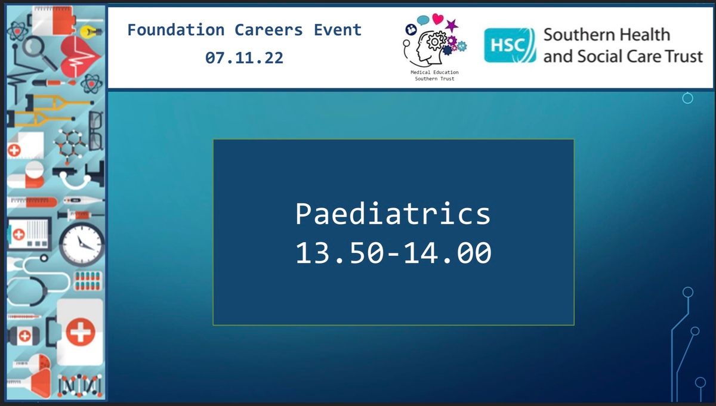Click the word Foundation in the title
pyautogui.click(x=176, y=30)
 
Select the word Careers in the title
pyautogui.click(x=268, y=30)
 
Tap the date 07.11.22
pyautogui.click(x=244, y=58)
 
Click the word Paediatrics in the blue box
pyautogui.click(x=393, y=213)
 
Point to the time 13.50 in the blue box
pyautogui.click(x=340, y=253)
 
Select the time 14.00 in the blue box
pyautogui.click(x=447, y=253)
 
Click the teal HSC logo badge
pyautogui.click(x=510, y=45)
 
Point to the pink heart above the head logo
pyautogui.click(x=437, y=18)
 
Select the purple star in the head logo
pyautogui.click(x=452, y=26)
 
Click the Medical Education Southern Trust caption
pyautogui.click(x=434, y=75)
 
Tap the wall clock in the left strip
pyautogui.click(x=82, y=244)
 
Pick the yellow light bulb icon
pyautogui.click(x=91, y=32)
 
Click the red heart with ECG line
pyautogui.click(x=80, y=57)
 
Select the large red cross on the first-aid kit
pyautogui.click(x=80, y=332)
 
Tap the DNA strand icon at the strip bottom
pyautogui.click(x=80, y=385)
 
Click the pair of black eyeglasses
pyautogui.click(x=96, y=131)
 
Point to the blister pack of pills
pyautogui.click(x=88, y=281)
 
